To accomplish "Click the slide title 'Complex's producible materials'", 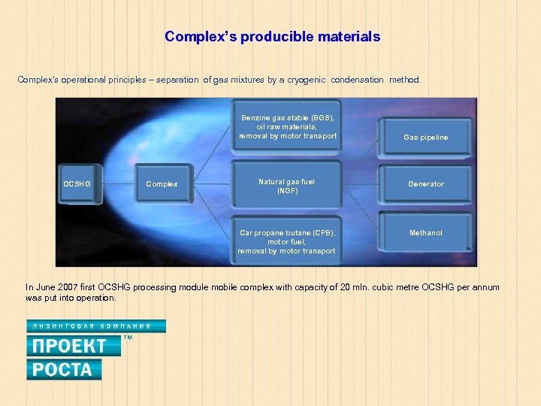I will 272,36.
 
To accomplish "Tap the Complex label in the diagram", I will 162,184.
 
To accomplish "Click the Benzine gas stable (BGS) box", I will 287,127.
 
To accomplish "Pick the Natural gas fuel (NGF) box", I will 287,186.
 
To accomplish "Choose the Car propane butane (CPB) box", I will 287,241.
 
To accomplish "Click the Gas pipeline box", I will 425,137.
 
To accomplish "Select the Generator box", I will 425,184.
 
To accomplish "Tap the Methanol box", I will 425,233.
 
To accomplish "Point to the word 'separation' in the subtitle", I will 178,80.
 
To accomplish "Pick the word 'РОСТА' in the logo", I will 64,369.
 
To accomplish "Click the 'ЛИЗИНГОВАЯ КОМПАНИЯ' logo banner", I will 96,326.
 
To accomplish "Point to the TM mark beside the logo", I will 127,338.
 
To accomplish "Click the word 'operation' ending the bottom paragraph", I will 97,298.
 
